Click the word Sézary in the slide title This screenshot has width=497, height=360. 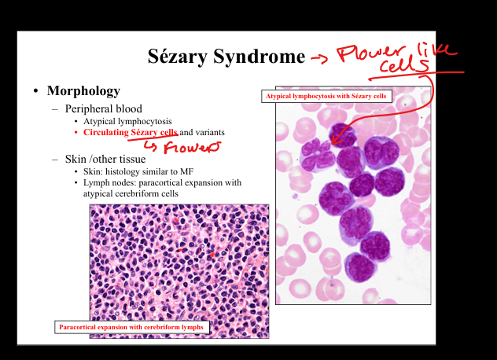point(177,57)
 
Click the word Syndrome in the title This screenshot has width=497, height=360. point(259,57)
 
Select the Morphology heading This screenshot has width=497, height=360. point(83,91)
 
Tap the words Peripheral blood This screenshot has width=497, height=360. point(104,109)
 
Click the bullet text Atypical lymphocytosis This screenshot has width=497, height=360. point(127,121)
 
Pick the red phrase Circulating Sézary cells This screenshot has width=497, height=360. point(131,133)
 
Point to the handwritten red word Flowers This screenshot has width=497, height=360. point(192,147)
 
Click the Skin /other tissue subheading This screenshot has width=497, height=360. point(105,159)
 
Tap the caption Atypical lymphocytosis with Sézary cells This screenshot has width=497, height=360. point(326,97)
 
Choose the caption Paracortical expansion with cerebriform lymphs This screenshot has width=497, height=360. point(131,327)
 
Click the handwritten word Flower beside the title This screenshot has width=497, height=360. point(371,53)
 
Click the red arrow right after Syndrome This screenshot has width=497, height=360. point(319,58)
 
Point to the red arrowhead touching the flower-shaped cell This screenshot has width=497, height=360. point(335,141)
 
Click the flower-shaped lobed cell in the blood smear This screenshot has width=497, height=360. point(317,156)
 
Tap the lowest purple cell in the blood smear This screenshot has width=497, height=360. point(360,268)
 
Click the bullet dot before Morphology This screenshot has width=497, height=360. point(35,91)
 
